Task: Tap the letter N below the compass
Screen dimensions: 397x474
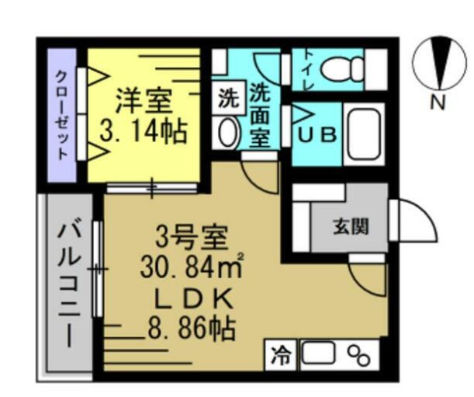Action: click(x=438, y=103)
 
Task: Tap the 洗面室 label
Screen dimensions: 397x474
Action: click(x=259, y=116)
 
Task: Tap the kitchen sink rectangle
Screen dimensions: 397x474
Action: click(x=318, y=355)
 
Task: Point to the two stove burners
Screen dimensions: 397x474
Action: click(x=358, y=356)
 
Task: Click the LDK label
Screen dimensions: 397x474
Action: click(x=191, y=300)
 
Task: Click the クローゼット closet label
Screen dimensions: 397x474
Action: click(x=62, y=115)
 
